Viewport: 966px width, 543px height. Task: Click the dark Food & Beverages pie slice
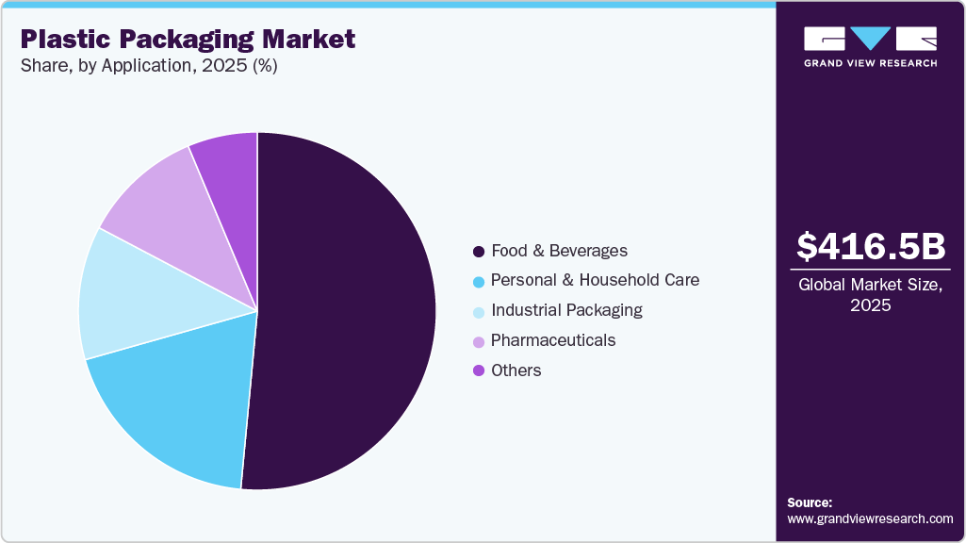click(x=349, y=311)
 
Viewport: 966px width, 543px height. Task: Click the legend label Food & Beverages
click(x=559, y=251)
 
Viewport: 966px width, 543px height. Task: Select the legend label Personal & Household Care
click(x=595, y=280)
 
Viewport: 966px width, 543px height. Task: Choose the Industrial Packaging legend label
click(x=566, y=310)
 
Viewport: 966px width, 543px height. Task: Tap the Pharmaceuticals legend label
click(x=553, y=340)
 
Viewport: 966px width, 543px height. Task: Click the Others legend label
click(x=516, y=370)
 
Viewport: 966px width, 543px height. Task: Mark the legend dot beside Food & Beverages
click(x=479, y=252)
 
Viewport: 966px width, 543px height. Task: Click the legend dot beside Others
click(x=479, y=370)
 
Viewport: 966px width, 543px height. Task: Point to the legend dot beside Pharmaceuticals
click(x=479, y=340)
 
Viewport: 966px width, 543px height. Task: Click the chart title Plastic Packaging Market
click(x=188, y=40)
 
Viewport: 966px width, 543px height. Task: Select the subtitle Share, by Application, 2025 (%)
click(x=148, y=66)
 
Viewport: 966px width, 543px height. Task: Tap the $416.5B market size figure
click(x=870, y=246)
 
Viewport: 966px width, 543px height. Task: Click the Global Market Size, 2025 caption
click(x=870, y=295)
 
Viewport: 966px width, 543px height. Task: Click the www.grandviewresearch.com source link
click(x=870, y=518)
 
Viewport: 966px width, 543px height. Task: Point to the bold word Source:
click(x=810, y=502)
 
